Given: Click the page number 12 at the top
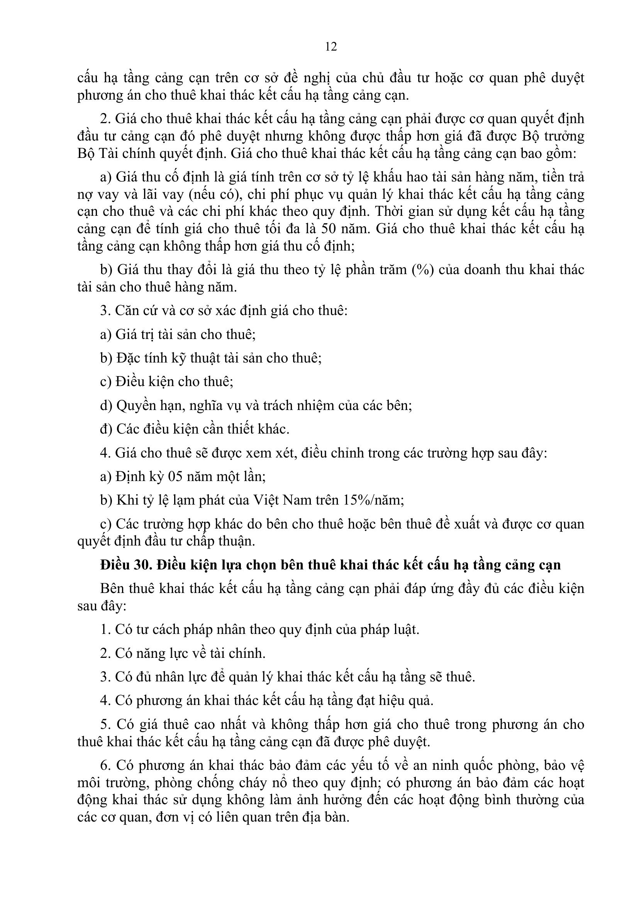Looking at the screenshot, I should coord(331,47).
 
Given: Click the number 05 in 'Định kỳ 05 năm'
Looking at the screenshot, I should coord(176,476).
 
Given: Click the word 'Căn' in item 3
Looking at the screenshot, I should coord(128,311).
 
